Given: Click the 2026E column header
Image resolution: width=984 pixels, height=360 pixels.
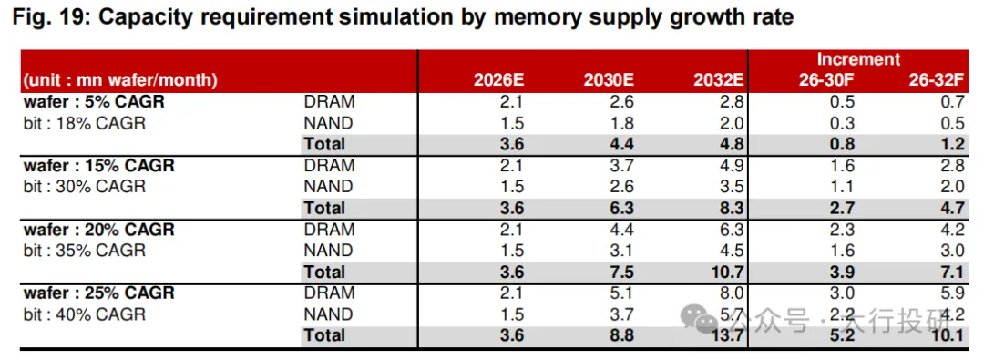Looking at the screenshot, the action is pyautogui.click(x=499, y=80).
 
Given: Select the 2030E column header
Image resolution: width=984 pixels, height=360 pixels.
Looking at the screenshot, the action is pyautogui.click(x=610, y=80).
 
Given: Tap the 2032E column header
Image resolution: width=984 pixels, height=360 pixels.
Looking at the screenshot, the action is pyautogui.click(x=719, y=80).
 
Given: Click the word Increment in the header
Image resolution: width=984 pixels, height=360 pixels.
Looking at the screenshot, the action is pyautogui.click(x=858, y=59).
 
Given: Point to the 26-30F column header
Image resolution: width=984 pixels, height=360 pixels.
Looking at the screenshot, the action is pyautogui.click(x=826, y=80).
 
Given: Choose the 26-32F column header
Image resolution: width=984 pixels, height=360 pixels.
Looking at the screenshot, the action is pyautogui.click(x=937, y=80).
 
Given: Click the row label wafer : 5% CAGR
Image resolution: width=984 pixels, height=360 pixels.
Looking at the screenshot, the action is pyautogui.click(x=94, y=102).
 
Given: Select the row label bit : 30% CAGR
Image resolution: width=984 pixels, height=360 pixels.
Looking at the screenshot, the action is pyautogui.click(x=84, y=187).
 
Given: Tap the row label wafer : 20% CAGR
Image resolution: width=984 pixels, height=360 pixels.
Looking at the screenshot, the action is pyautogui.click(x=98, y=230).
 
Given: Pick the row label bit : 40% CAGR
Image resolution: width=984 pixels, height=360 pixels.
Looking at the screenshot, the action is pyautogui.click(x=84, y=314).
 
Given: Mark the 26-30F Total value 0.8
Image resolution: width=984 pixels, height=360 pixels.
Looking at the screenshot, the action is pyautogui.click(x=842, y=145).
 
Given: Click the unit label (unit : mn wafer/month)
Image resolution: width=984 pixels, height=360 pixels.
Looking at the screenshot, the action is pyautogui.click(x=120, y=80).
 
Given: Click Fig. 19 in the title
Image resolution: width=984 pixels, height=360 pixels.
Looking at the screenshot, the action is pyautogui.click(x=49, y=18).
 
